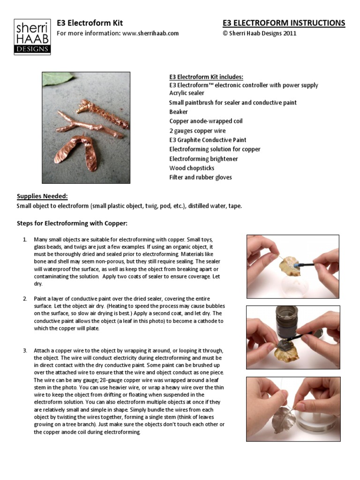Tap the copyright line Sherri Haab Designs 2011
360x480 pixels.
pyautogui.click(x=259, y=33)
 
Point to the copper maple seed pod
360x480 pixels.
pyautogui.click(x=78, y=154)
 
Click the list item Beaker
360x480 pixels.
pyautogui.click(x=179, y=112)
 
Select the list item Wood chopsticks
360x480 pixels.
pyautogui.click(x=191, y=168)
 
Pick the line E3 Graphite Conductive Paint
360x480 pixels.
pyautogui.click(x=208, y=140)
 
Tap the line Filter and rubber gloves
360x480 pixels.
pyautogui.click(x=200, y=177)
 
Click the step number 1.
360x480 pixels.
pyautogui.click(x=25, y=240)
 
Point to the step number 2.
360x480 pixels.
pyautogui.click(x=25, y=299)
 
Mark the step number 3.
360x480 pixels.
pyautogui.click(x=25, y=350)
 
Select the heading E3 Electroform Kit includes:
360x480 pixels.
pyautogui.click(x=206, y=77)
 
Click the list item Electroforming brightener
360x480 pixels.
pyautogui.click(x=203, y=158)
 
